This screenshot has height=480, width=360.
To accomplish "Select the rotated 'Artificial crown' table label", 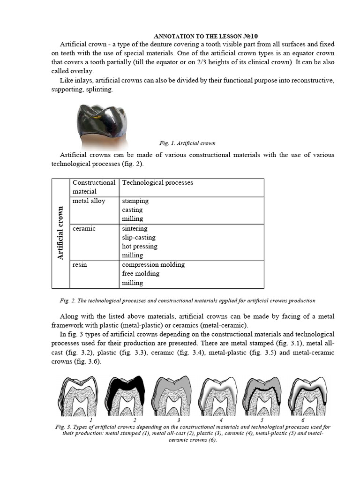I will [60, 233].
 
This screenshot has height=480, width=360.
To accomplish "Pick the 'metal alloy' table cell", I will [89, 201].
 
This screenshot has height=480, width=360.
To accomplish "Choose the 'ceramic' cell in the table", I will [84, 228].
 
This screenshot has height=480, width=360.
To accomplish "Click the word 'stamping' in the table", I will [135, 201].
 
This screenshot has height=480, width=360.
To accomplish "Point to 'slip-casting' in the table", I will [138, 237].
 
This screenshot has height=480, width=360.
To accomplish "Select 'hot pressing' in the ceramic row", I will [139, 246].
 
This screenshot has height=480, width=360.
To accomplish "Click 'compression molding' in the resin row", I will [153, 264].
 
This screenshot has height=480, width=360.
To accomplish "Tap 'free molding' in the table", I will [141, 273].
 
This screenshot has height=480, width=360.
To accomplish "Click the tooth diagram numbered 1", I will [80, 396].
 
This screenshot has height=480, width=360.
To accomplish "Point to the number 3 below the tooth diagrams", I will [179, 420].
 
